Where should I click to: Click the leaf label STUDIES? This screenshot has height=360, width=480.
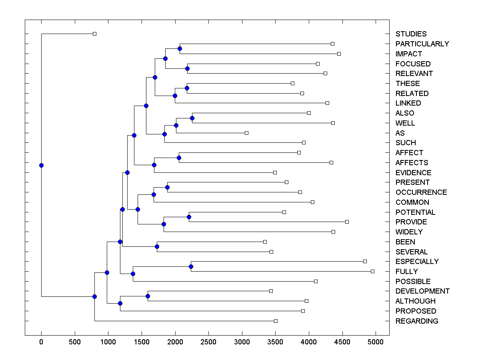point(411,34)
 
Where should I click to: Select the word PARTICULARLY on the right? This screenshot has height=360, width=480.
point(422,44)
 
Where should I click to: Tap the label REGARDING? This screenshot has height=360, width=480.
point(416,321)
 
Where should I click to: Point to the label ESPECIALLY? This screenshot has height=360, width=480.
point(417,262)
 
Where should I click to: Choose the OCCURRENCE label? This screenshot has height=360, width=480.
point(421,192)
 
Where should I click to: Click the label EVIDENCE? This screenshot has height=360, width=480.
point(413,173)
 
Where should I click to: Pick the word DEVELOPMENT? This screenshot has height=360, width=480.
point(422,291)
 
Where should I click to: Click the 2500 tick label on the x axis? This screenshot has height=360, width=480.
point(208,342)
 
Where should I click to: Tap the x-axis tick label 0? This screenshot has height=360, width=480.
point(41,342)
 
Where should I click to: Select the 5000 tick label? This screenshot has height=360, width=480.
point(376,342)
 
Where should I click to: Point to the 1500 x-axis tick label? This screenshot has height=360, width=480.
point(142,342)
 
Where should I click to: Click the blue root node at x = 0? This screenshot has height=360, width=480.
point(41,165)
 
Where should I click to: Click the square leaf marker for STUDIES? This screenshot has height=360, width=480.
point(95,34)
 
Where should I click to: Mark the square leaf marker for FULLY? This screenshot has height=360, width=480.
point(372,271)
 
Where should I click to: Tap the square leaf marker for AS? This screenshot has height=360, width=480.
point(246,133)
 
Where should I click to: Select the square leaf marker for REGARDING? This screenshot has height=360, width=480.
point(276,321)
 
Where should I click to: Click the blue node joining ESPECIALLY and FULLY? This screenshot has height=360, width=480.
point(191,266)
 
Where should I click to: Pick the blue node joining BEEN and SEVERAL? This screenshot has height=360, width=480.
point(157,246)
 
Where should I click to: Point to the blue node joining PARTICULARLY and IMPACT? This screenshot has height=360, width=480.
point(180,49)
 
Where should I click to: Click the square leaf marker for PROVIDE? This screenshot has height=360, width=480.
point(347,222)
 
